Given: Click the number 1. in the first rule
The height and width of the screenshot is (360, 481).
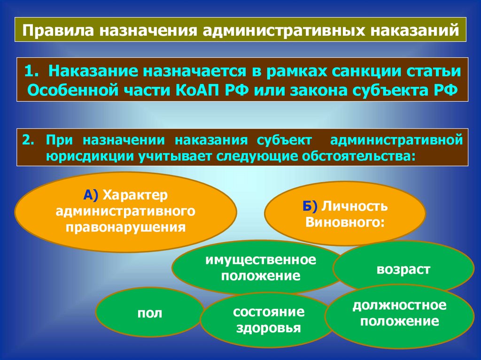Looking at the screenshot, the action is (x=33, y=72).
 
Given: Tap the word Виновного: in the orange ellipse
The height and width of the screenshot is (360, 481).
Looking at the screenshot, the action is (x=344, y=222).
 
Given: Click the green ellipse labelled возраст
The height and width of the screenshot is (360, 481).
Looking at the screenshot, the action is (x=403, y=269).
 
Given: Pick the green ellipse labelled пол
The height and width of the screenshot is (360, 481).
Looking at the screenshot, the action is (x=150, y=313).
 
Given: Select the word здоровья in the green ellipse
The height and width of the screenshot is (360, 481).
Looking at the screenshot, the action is (x=269, y=328).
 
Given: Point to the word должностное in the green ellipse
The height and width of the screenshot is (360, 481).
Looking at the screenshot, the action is (x=399, y=306).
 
